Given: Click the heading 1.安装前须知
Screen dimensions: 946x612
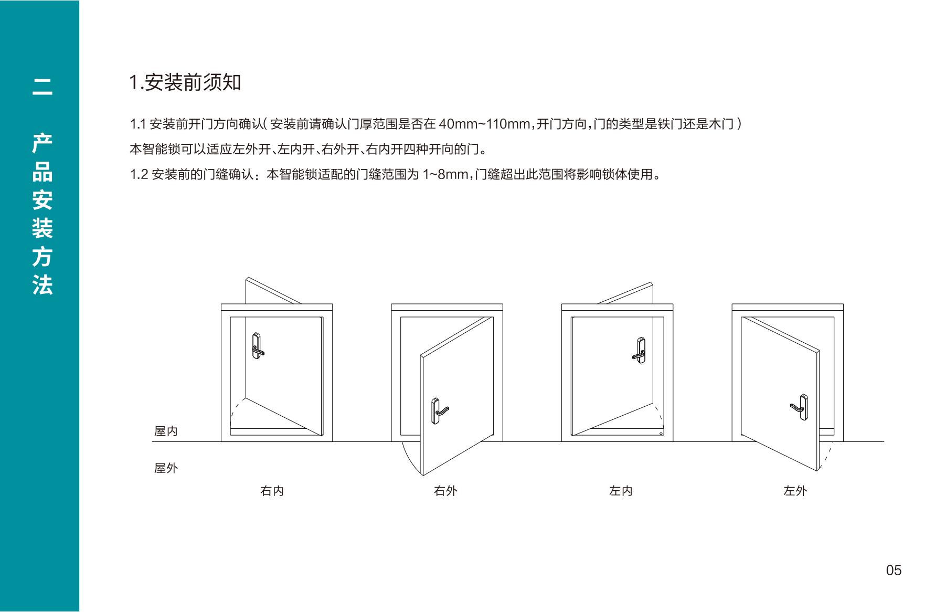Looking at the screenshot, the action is (x=185, y=82).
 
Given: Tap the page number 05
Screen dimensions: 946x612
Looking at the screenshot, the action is (x=894, y=570).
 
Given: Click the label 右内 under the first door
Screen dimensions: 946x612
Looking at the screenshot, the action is (x=272, y=491).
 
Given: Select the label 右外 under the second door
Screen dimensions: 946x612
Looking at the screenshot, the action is (x=446, y=491).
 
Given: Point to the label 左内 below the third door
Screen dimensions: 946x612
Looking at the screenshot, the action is (x=621, y=491).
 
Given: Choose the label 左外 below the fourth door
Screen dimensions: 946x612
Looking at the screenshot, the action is (x=795, y=491).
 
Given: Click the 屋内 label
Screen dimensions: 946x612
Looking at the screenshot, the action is (x=166, y=431).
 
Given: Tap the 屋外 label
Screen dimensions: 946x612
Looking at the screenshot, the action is (x=166, y=468).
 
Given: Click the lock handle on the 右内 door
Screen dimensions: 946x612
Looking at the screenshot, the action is (x=258, y=346).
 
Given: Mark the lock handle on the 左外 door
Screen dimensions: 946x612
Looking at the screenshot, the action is (x=800, y=407).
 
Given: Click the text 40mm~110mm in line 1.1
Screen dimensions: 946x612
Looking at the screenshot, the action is (x=485, y=124).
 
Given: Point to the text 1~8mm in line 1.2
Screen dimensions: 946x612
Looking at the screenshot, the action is (x=445, y=174).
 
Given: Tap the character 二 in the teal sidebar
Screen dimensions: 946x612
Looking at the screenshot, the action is (x=42, y=87).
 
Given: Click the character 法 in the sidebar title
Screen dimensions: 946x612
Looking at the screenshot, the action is (x=42, y=286).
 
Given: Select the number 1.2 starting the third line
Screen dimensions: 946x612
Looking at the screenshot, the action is (x=139, y=174).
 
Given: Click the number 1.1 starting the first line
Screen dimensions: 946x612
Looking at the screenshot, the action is (x=138, y=124).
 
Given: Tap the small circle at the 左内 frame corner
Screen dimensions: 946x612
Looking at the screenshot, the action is (x=661, y=434).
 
